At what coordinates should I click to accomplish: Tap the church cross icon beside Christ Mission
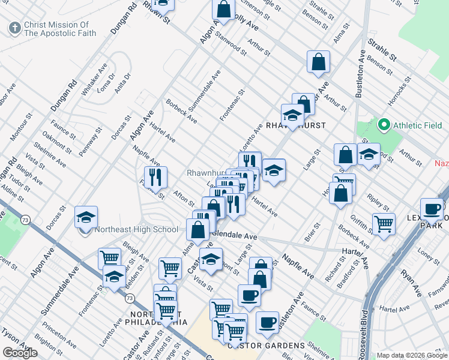(x=14, y=27)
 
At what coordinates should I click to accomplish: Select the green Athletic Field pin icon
(x=384, y=125)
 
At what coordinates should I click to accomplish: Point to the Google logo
(x=20, y=353)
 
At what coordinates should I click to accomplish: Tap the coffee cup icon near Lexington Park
(x=431, y=209)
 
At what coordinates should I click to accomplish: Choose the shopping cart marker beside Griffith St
(x=384, y=224)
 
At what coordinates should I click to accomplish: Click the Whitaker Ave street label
(x=94, y=79)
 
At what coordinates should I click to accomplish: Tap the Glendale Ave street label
(x=234, y=236)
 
